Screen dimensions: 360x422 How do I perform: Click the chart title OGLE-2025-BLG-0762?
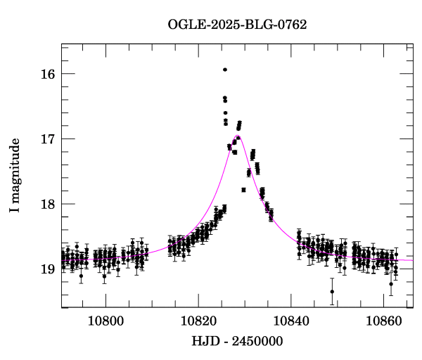(x=237, y=25)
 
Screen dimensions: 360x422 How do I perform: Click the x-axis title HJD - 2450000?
(x=238, y=342)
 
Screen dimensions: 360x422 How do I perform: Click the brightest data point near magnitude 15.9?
(x=225, y=70)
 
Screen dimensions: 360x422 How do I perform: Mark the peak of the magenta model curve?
(x=238, y=136)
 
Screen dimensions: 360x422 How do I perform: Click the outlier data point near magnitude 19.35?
(x=332, y=291)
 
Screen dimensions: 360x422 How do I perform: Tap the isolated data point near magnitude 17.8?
(x=243, y=190)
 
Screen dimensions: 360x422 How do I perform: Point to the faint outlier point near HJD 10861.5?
(x=391, y=283)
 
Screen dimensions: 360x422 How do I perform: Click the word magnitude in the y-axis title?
(x=15, y=169)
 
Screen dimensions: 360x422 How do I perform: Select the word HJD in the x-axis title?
(x=203, y=342)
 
